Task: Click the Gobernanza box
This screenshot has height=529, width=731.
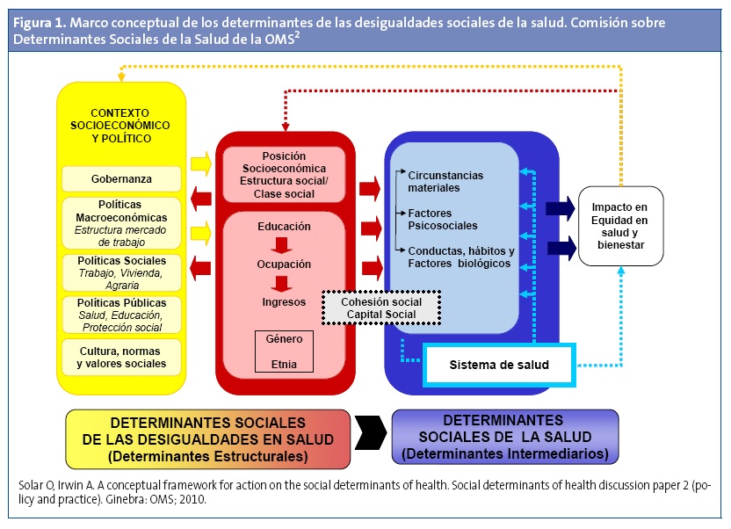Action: pos(121,179)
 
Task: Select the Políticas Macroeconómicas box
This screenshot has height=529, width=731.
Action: pos(121,223)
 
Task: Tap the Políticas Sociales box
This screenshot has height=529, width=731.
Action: pos(121,272)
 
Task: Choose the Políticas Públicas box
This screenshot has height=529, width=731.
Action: pos(121,315)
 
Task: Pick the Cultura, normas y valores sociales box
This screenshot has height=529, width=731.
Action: pos(121,358)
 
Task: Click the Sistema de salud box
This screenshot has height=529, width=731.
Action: pos(498,365)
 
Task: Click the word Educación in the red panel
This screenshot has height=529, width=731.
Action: pos(284,227)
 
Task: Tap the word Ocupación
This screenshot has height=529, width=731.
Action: pos(284,264)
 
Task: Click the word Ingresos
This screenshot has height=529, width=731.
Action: pos(284,301)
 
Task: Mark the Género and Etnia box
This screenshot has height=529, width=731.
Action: pos(284,350)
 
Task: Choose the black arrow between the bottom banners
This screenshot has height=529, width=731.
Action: pos(371,437)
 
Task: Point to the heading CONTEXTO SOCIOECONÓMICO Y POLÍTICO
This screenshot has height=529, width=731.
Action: pos(121,126)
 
